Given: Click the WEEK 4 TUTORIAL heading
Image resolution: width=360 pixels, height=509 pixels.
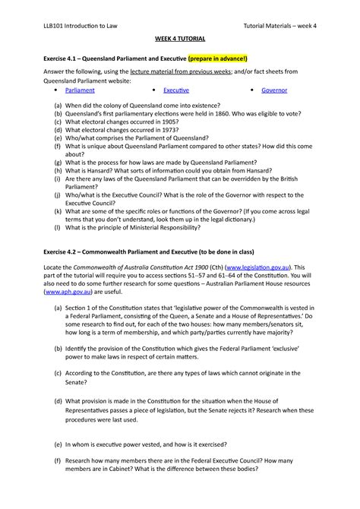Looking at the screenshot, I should (x=179, y=38).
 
